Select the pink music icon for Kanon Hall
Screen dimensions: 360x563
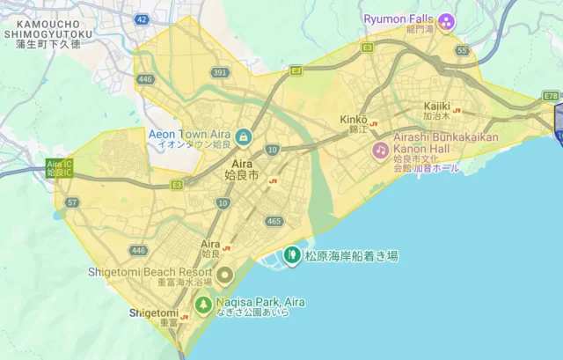380,150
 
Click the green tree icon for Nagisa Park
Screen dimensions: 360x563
203,305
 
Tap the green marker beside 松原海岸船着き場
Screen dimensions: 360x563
291,256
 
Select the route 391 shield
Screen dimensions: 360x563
220,73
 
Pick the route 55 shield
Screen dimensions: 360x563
463,51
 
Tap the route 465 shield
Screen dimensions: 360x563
274,221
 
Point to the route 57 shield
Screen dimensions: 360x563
72,202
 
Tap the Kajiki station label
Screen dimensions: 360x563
436,106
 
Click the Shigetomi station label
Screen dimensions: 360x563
154,312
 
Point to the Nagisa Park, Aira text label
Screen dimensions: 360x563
261,302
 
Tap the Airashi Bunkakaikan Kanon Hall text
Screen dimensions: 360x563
434,143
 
